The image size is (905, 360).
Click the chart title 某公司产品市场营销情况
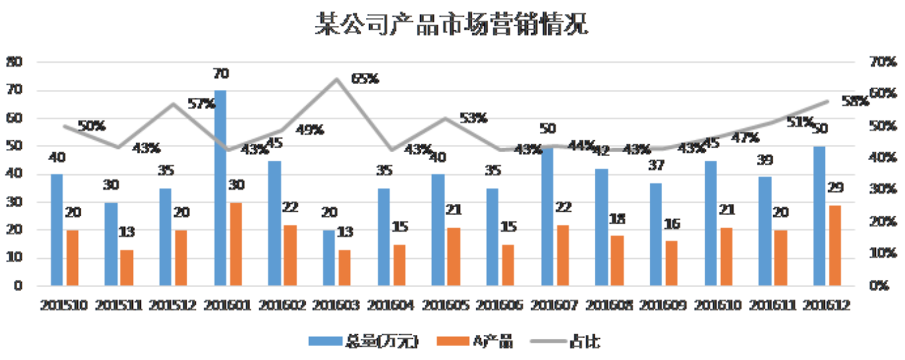point(451,25)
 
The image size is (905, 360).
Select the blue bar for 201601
point(220,188)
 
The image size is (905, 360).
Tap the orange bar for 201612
point(835,246)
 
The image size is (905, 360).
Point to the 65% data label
point(365,79)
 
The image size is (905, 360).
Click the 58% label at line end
point(855,101)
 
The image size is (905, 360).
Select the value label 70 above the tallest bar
point(220,73)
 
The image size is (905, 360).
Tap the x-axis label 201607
point(555,305)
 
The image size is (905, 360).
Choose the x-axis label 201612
point(826,305)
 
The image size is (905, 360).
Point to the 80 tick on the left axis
point(14,62)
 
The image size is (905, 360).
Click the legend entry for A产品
point(492,341)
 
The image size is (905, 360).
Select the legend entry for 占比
point(585,341)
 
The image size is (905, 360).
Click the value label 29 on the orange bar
point(835,187)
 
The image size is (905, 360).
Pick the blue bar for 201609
point(655,234)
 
